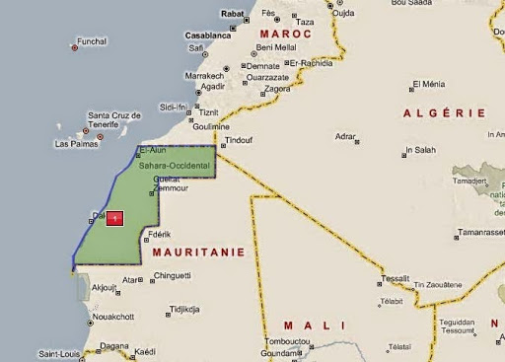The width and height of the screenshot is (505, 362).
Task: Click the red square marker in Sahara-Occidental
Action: [x=115, y=218]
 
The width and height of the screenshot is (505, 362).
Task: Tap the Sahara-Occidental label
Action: [x=174, y=167]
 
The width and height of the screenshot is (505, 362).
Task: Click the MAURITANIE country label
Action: [x=198, y=252]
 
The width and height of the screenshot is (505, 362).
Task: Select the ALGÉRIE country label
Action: [x=444, y=113]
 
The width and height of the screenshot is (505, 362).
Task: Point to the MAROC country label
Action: [x=283, y=34]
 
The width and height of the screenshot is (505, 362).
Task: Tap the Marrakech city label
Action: [x=203, y=75]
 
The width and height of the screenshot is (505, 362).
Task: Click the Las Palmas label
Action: [x=75, y=144]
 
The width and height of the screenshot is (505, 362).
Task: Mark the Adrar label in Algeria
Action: [x=345, y=134]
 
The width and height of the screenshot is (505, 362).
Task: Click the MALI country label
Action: [x=315, y=325]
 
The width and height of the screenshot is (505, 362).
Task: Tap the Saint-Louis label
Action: [x=59, y=353]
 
